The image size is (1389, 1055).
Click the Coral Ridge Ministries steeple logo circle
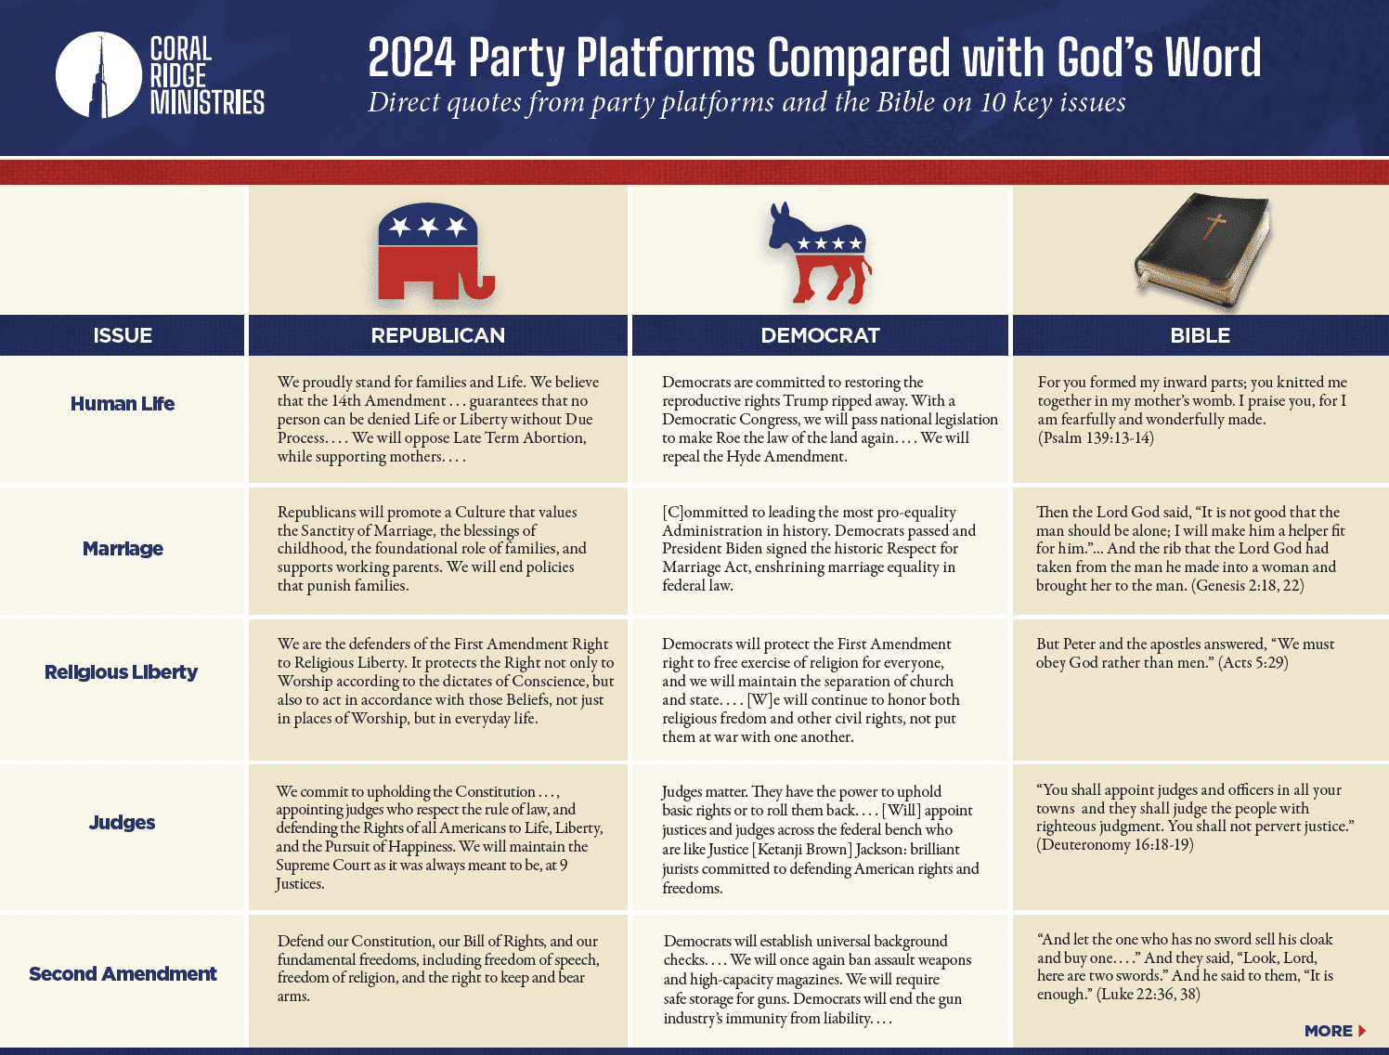(98, 75)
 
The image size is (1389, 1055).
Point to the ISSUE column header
(123, 335)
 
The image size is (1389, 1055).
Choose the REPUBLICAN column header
(438, 335)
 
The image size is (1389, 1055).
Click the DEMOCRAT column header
(820, 335)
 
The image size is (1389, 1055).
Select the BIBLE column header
(1200, 335)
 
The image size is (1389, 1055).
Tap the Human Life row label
(123, 404)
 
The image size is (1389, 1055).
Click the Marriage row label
(123, 549)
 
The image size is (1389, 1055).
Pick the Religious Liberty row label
(122, 672)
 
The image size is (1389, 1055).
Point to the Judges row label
(123, 823)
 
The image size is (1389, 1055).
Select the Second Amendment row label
(123, 974)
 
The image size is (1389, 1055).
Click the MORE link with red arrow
(1335, 1031)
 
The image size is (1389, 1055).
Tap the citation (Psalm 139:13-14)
(1096, 438)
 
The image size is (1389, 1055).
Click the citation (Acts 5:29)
(1253, 663)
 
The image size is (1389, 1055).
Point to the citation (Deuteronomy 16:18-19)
(1115, 845)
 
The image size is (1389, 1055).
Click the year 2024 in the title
(411, 58)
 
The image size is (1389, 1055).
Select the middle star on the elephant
(428, 227)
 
